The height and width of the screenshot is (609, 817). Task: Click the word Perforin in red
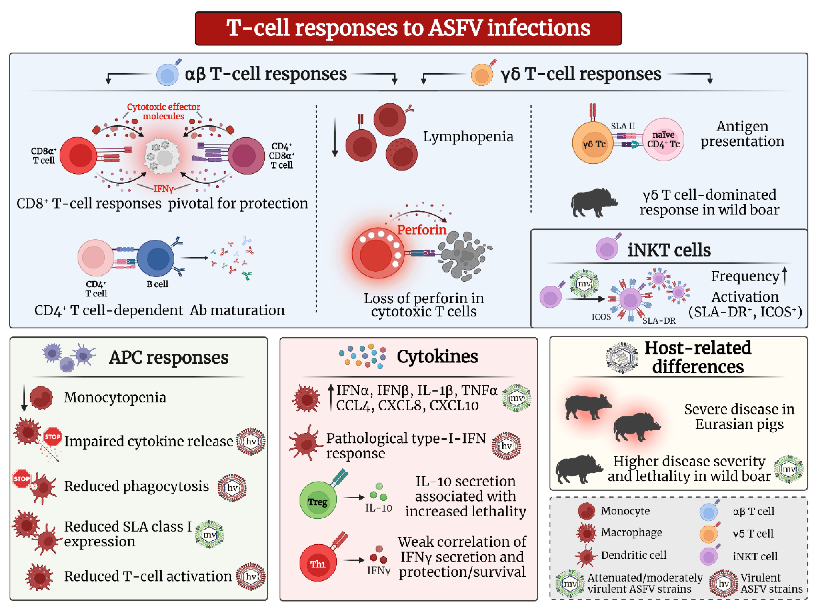click(x=421, y=230)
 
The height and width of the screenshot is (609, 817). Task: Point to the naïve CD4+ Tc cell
click(x=663, y=140)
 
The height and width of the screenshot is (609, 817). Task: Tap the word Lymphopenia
click(x=467, y=136)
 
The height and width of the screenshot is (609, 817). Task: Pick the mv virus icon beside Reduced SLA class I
click(x=209, y=534)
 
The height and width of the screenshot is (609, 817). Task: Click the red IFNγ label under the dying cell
click(x=163, y=189)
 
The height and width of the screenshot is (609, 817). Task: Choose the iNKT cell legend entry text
click(x=754, y=556)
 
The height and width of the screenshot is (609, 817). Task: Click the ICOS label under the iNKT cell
click(x=601, y=317)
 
